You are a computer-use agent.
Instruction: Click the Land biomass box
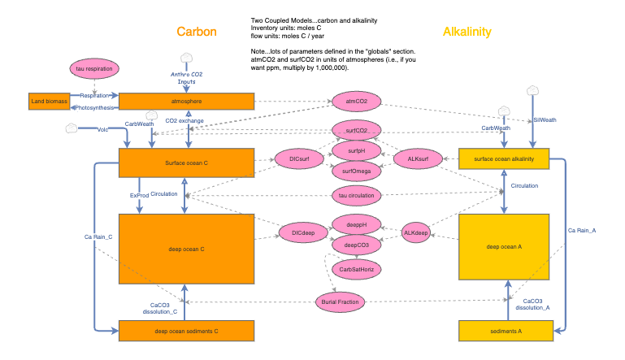tap(47, 102)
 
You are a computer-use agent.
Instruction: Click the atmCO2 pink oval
tap(355, 102)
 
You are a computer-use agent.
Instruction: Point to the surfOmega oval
tap(355, 170)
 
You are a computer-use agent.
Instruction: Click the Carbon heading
tap(197, 32)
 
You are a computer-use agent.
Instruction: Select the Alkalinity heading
tap(467, 32)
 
